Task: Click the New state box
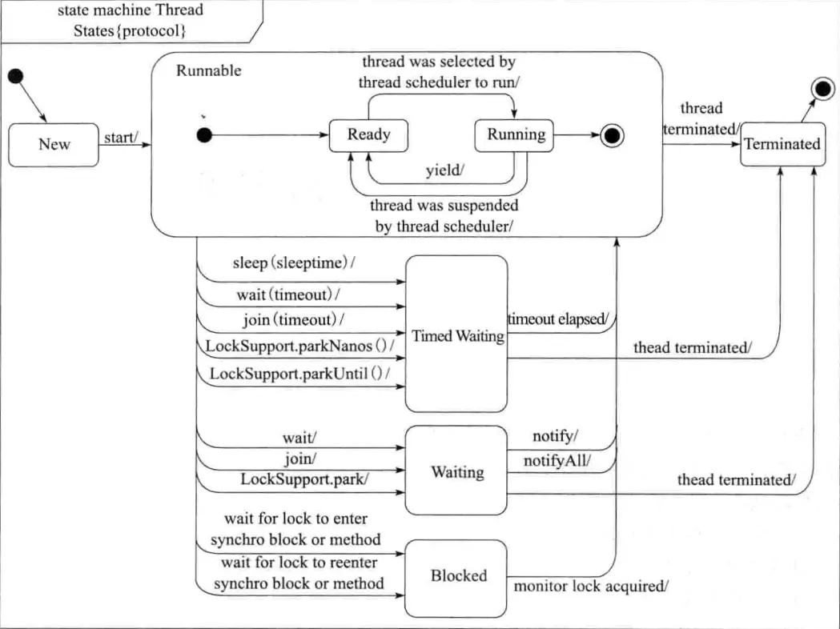54,145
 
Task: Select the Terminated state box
782,144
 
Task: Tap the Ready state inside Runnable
368,134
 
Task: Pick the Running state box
516,134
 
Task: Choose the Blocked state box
457,575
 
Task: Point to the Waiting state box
457,472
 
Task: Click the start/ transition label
122,138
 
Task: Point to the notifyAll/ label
557,461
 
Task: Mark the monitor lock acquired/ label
591,586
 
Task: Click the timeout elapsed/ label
558,319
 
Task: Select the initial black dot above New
15,76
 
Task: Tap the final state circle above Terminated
822,90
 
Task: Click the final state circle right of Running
613,135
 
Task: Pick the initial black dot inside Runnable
204,135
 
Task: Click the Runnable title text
208,70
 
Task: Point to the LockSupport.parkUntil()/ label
304,374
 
